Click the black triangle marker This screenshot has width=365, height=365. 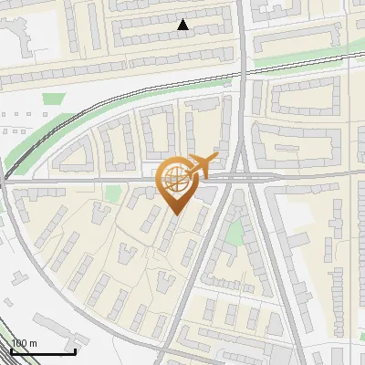(183, 26)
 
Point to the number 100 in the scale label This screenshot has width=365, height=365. (18, 343)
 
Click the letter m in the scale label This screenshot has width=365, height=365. (33, 343)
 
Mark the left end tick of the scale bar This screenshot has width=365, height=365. (10, 350)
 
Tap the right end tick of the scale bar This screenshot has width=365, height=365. (75, 350)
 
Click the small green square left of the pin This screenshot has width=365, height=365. (113, 193)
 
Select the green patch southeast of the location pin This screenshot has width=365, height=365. (235, 233)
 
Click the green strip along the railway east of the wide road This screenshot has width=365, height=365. (301, 59)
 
